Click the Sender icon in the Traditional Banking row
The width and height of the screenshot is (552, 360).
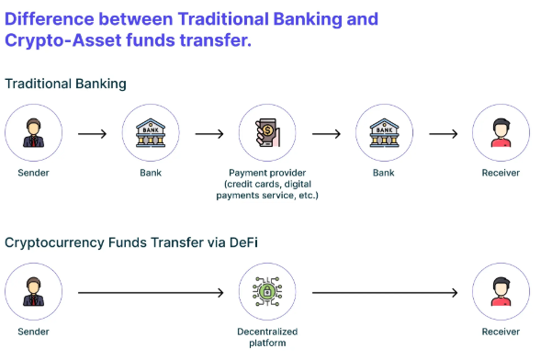[33, 134]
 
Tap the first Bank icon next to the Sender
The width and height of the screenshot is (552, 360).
[151, 134]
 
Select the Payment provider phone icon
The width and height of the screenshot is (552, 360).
[267, 134]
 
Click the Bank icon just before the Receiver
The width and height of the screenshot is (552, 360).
[384, 134]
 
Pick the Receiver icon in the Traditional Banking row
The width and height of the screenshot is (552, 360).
[501, 134]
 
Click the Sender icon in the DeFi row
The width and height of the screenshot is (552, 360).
[33, 293]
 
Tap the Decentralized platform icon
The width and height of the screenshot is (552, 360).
[267, 293]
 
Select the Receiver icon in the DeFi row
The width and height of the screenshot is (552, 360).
[501, 293]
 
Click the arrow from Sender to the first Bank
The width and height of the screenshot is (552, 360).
[92, 134]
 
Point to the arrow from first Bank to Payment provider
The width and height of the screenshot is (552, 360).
[208, 134]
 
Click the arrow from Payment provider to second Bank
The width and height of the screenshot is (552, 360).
[325, 134]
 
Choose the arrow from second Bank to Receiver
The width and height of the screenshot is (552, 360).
[443, 134]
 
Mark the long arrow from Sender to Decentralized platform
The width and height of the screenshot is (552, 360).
[150, 294]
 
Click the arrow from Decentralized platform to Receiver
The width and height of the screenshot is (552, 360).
[384, 294]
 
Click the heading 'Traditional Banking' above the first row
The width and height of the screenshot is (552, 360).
[65, 84]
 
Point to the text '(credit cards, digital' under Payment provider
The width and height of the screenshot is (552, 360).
[267, 183]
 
